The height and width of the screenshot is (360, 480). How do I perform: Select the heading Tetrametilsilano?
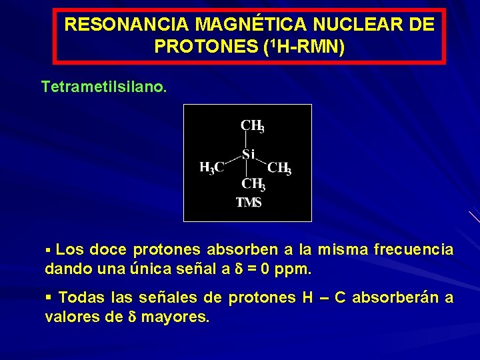point(104,87)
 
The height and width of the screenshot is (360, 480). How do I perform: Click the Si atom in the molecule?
point(248,155)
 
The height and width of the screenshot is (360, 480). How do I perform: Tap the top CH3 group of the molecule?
point(253,126)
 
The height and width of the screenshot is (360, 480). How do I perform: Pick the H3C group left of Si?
point(212,168)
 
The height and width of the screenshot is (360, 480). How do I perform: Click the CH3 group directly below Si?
point(253,184)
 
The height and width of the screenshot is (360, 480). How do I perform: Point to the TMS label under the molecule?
point(249,203)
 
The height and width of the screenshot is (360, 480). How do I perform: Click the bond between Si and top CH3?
point(247,140)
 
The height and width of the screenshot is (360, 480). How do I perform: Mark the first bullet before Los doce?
point(47,251)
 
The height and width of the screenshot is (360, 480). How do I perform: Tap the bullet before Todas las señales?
point(48,298)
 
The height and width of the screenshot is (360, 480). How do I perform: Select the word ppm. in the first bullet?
point(293,271)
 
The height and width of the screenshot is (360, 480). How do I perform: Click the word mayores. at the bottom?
point(178,317)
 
